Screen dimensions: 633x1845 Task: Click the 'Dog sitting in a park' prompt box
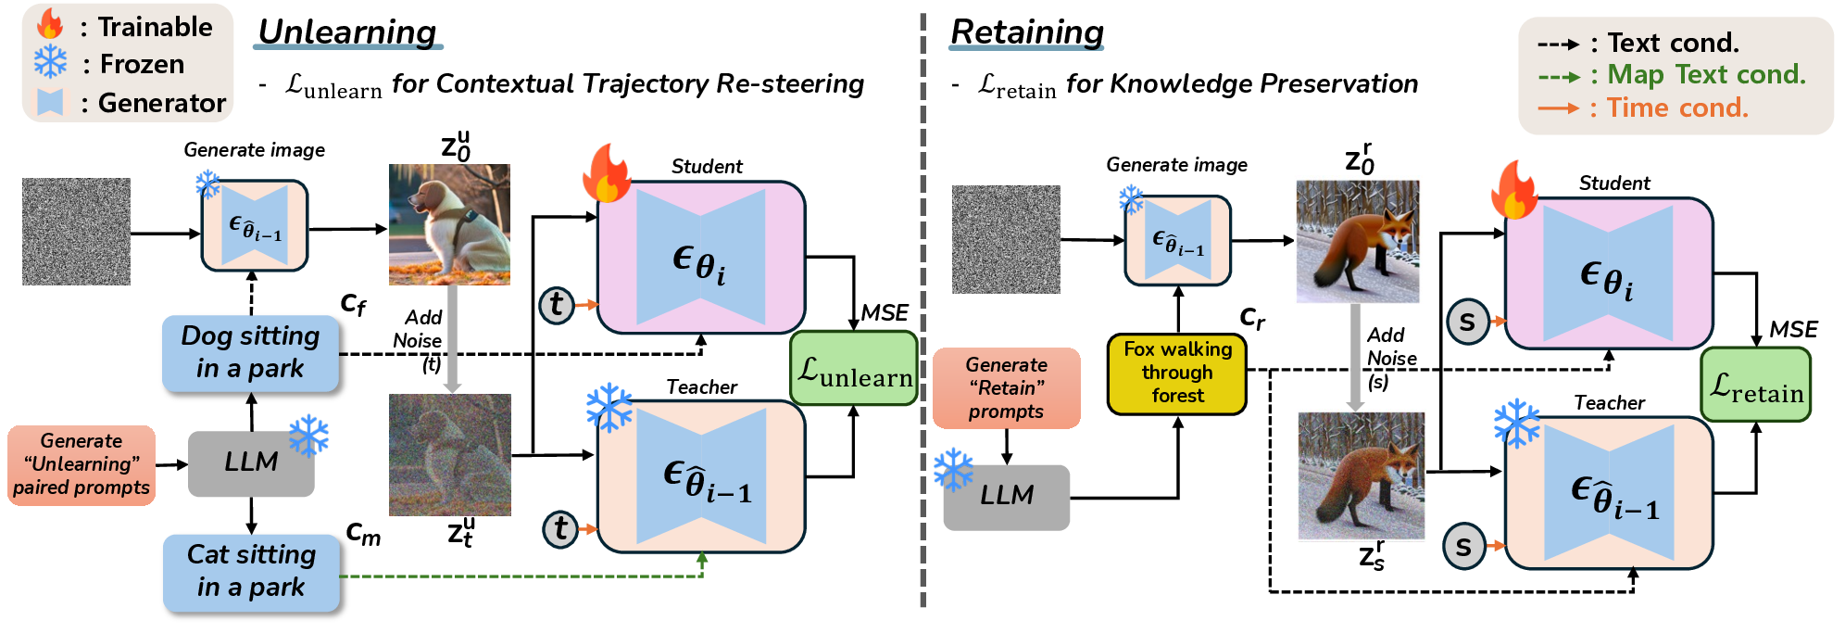pos(250,353)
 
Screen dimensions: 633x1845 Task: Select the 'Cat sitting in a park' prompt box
pos(251,572)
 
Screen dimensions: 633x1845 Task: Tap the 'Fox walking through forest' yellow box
pos(1176,373)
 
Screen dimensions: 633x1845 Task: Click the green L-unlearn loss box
pos(854,369)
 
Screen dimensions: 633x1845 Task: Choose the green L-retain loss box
pos(1755,385)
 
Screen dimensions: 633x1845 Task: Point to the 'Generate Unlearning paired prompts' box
pos(82,464)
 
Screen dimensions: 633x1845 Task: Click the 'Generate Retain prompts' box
pos(1006,388)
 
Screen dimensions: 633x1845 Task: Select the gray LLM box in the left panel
pos(250,462)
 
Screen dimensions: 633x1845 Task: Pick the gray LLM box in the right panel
pos(1006,497)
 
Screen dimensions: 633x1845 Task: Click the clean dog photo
pos(449,224)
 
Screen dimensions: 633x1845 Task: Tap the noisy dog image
pos(449,455)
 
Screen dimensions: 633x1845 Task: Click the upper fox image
pos(1358,240)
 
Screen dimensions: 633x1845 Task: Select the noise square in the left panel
pos(76,232)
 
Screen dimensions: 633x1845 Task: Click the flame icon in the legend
pos(50,25)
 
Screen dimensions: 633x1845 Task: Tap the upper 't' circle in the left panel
pos(556,304)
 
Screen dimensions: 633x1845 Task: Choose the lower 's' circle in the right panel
pos(1463,547)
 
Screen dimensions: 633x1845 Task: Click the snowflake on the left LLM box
pos(308,435)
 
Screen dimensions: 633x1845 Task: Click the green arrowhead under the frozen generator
pos(702,559)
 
